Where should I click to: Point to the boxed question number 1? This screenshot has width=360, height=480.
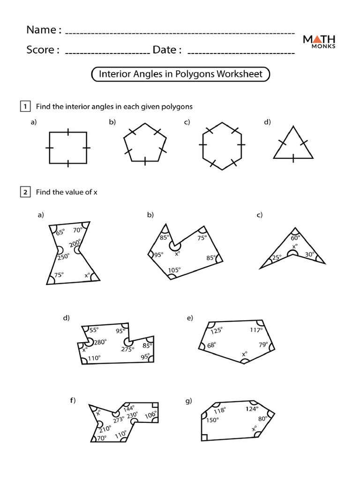(x=25, y=106)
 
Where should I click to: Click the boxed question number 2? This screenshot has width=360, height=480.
(x=25, y=192)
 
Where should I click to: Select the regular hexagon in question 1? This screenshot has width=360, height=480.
(x=222, y=146)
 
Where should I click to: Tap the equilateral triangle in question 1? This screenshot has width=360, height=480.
(x=293, y=144)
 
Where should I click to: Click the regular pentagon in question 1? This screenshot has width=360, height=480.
(x=145, y=143)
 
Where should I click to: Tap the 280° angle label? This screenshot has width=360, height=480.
(x=100, y=342)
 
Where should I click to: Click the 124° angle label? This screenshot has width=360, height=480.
(x=251, y=409)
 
